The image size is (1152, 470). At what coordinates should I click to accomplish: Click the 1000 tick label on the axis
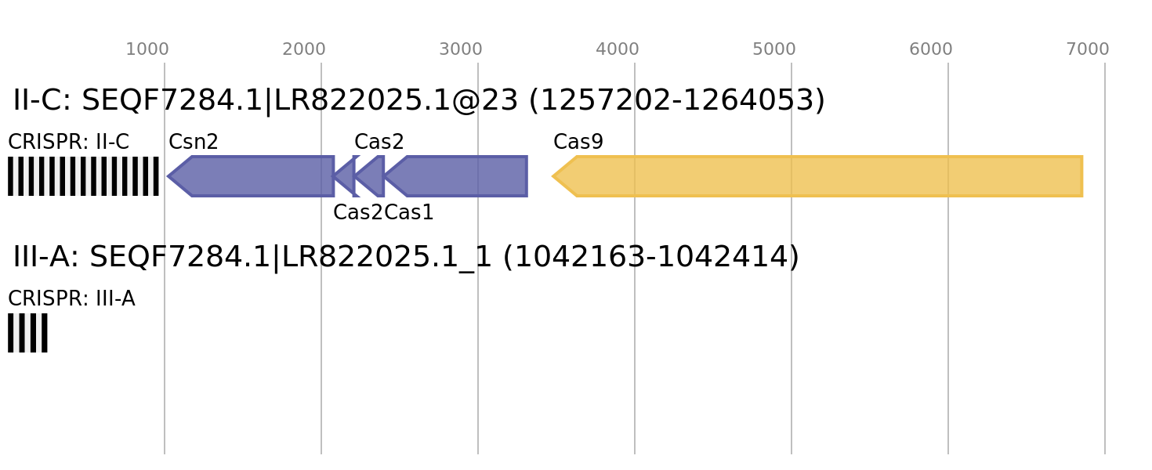(x=147, y=49)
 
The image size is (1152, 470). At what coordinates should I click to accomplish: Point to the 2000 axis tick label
(x=303, y=49)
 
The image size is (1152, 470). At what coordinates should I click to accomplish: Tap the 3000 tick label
(x=460, y=49)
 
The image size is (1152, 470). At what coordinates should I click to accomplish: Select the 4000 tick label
(x=618, y=49)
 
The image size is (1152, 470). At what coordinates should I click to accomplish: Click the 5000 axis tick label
(x=774, y=49)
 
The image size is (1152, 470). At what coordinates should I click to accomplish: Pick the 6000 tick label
(x=931, y=49)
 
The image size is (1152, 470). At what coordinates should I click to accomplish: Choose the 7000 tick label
(x=1088, y=49)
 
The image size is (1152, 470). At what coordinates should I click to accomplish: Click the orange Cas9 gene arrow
(x=817, y=176)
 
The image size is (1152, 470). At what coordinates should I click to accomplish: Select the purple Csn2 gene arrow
(x=251, y=176)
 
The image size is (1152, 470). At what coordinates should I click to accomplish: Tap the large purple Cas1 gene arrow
(x=455, y=176)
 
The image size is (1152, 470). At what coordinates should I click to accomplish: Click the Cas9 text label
(x=578, y=142)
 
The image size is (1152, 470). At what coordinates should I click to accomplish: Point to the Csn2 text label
(x=194, y=142)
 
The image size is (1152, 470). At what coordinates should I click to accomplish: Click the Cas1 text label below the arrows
(x=409, y=212)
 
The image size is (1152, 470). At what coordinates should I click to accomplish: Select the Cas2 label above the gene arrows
(x=379, y=142)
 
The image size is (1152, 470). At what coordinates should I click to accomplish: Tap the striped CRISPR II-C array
(x=83, y=176)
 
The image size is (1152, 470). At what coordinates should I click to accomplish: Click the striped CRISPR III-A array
(x=27, y=333)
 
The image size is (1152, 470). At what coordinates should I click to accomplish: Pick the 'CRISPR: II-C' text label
(x=68, y=142)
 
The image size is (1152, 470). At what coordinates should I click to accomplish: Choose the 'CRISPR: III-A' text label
(x=71, y=298)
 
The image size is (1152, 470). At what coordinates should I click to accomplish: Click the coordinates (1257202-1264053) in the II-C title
(x=677, y=100)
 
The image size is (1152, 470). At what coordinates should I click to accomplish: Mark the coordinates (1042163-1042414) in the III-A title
(x=651, y=257)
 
